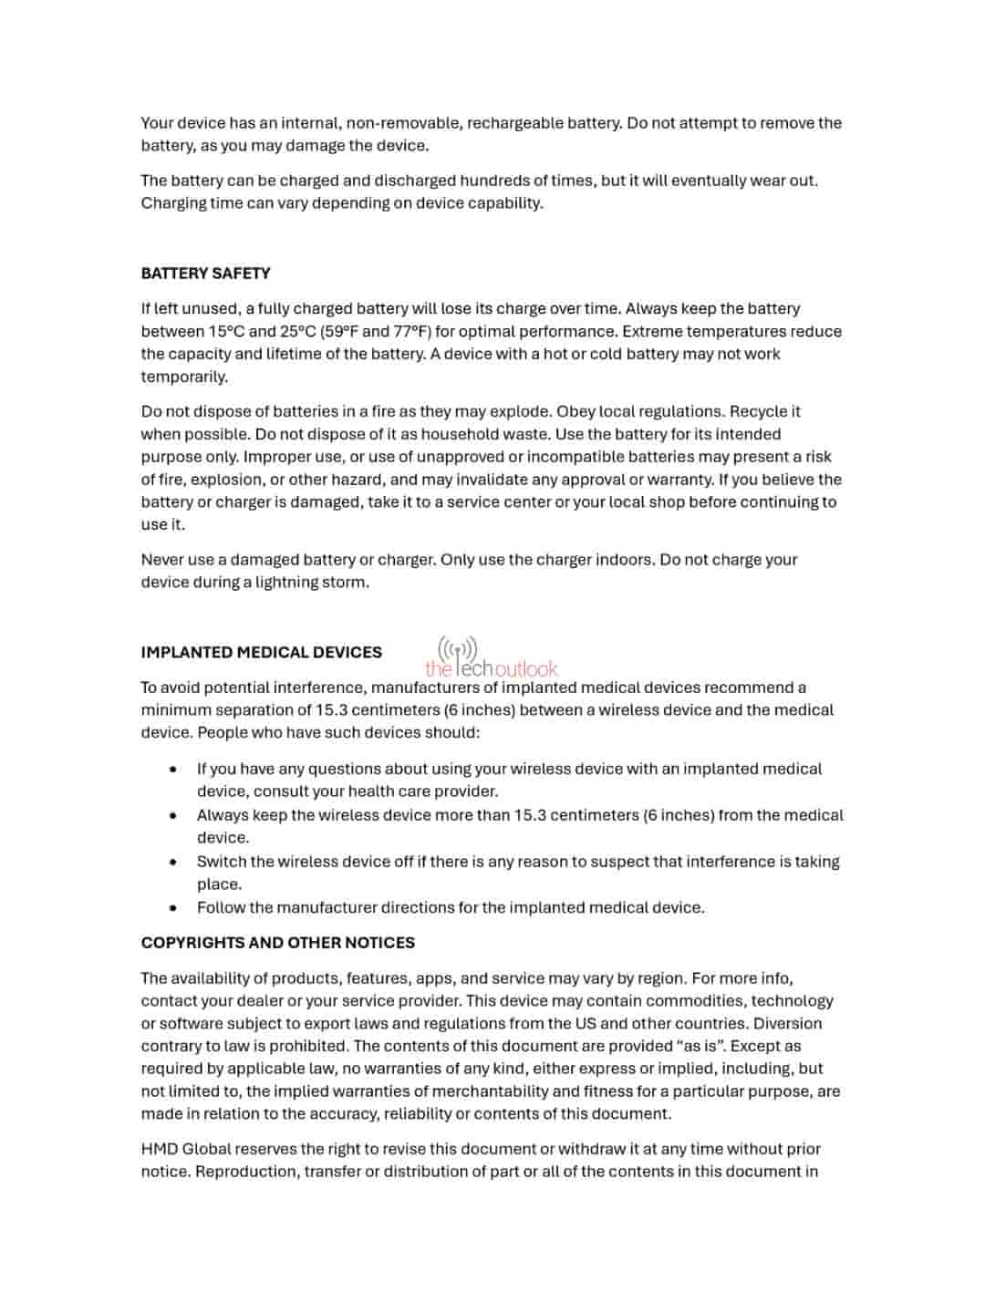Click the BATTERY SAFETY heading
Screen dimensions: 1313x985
(205, 274)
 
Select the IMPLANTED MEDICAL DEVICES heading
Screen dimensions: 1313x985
(261, 652)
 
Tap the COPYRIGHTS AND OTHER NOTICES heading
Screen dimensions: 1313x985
(277, 943)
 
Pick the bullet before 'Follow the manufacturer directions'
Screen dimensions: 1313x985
(173, 908)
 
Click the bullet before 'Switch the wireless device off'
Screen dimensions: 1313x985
(173, 862)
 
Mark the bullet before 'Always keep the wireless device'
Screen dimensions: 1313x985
(173, 815)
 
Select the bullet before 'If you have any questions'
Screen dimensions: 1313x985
(173, 769)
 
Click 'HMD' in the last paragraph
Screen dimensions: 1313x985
(160, 1149)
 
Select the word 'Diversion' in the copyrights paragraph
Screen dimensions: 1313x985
(788, 1023)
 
